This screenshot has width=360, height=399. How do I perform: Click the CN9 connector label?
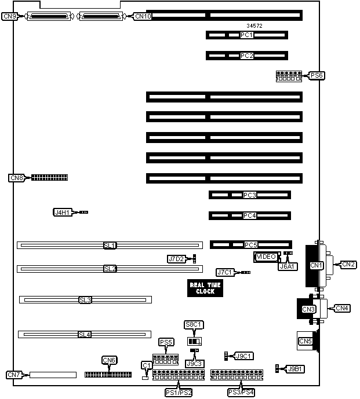coord(10,16)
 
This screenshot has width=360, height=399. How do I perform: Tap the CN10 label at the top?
coord(143,16)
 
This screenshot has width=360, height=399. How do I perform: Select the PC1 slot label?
coord(247,35)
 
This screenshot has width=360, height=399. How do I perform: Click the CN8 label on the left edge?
coord(16,178)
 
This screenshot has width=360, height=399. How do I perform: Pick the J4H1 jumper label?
coord(61,213)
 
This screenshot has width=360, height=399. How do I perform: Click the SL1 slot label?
coord(110,246)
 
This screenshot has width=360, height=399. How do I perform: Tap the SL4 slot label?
coord(85,334)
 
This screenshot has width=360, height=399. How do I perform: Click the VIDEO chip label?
coord(266,257)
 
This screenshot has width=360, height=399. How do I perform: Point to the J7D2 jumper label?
coord(176,259)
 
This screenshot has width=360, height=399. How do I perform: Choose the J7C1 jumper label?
coord(224,272)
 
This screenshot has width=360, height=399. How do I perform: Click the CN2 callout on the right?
coord(349,264)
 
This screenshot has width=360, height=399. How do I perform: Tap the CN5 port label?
coord(306,342)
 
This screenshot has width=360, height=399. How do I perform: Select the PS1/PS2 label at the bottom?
coord(179,393)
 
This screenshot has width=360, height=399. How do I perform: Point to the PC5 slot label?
coord(251,245)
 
